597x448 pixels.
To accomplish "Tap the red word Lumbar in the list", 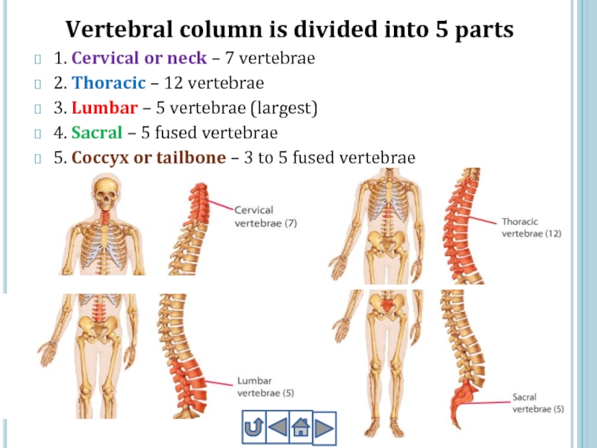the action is click(104, 108).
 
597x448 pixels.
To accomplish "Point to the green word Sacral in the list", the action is click(95, 134).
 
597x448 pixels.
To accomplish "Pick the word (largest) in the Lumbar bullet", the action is click(284, 109).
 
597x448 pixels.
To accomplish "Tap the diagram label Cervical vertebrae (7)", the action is click(266, 217).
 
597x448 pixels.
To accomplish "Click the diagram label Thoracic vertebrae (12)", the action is click(531, 228).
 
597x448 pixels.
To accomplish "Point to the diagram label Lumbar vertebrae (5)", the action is click(265, 386).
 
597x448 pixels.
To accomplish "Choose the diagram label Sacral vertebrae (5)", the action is click(537, 403).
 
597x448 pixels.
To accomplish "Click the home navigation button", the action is click(300, 429).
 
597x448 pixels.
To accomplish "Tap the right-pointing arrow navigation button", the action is click(324, 429).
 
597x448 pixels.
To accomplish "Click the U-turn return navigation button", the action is click(253, 429).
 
